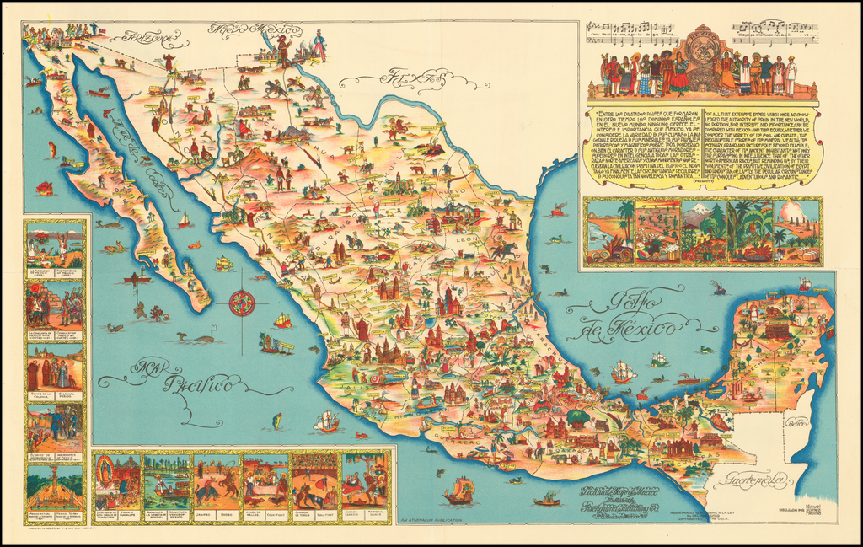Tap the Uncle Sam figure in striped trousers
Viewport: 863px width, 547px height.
pyautogui.click(x=320, y=46)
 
